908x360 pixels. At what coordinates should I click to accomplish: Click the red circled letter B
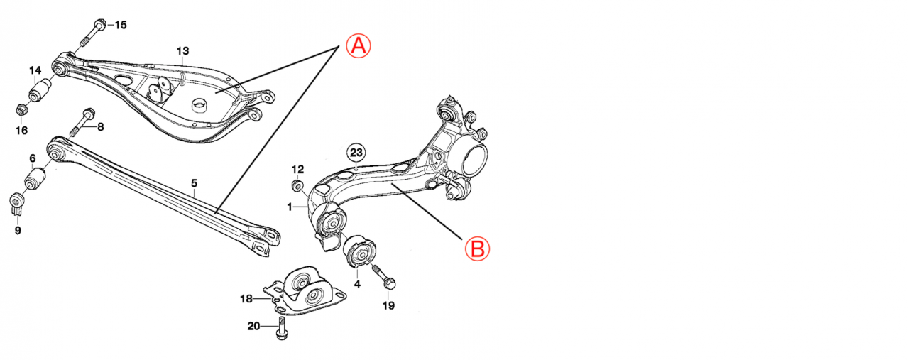(477, 249)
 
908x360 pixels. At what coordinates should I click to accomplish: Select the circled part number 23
(356, 152)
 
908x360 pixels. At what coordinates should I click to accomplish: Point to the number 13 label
(182, 50)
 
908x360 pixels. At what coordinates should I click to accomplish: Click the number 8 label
(100, 127)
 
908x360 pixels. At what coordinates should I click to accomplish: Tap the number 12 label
(297, 169)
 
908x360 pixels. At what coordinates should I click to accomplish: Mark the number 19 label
(388, 306)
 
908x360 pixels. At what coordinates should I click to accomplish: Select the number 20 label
(253, 327)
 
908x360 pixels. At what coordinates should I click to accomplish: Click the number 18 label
(246, 299)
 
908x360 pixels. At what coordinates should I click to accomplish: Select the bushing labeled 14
(41, 90)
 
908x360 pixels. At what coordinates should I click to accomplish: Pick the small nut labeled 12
(297, 186)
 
